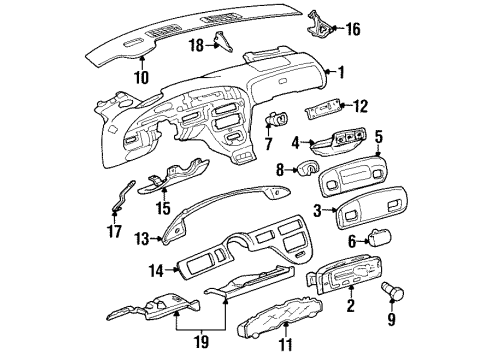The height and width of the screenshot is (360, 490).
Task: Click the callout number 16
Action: [x=352, y=30]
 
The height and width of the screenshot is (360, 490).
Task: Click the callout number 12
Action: [x=362, y=105]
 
